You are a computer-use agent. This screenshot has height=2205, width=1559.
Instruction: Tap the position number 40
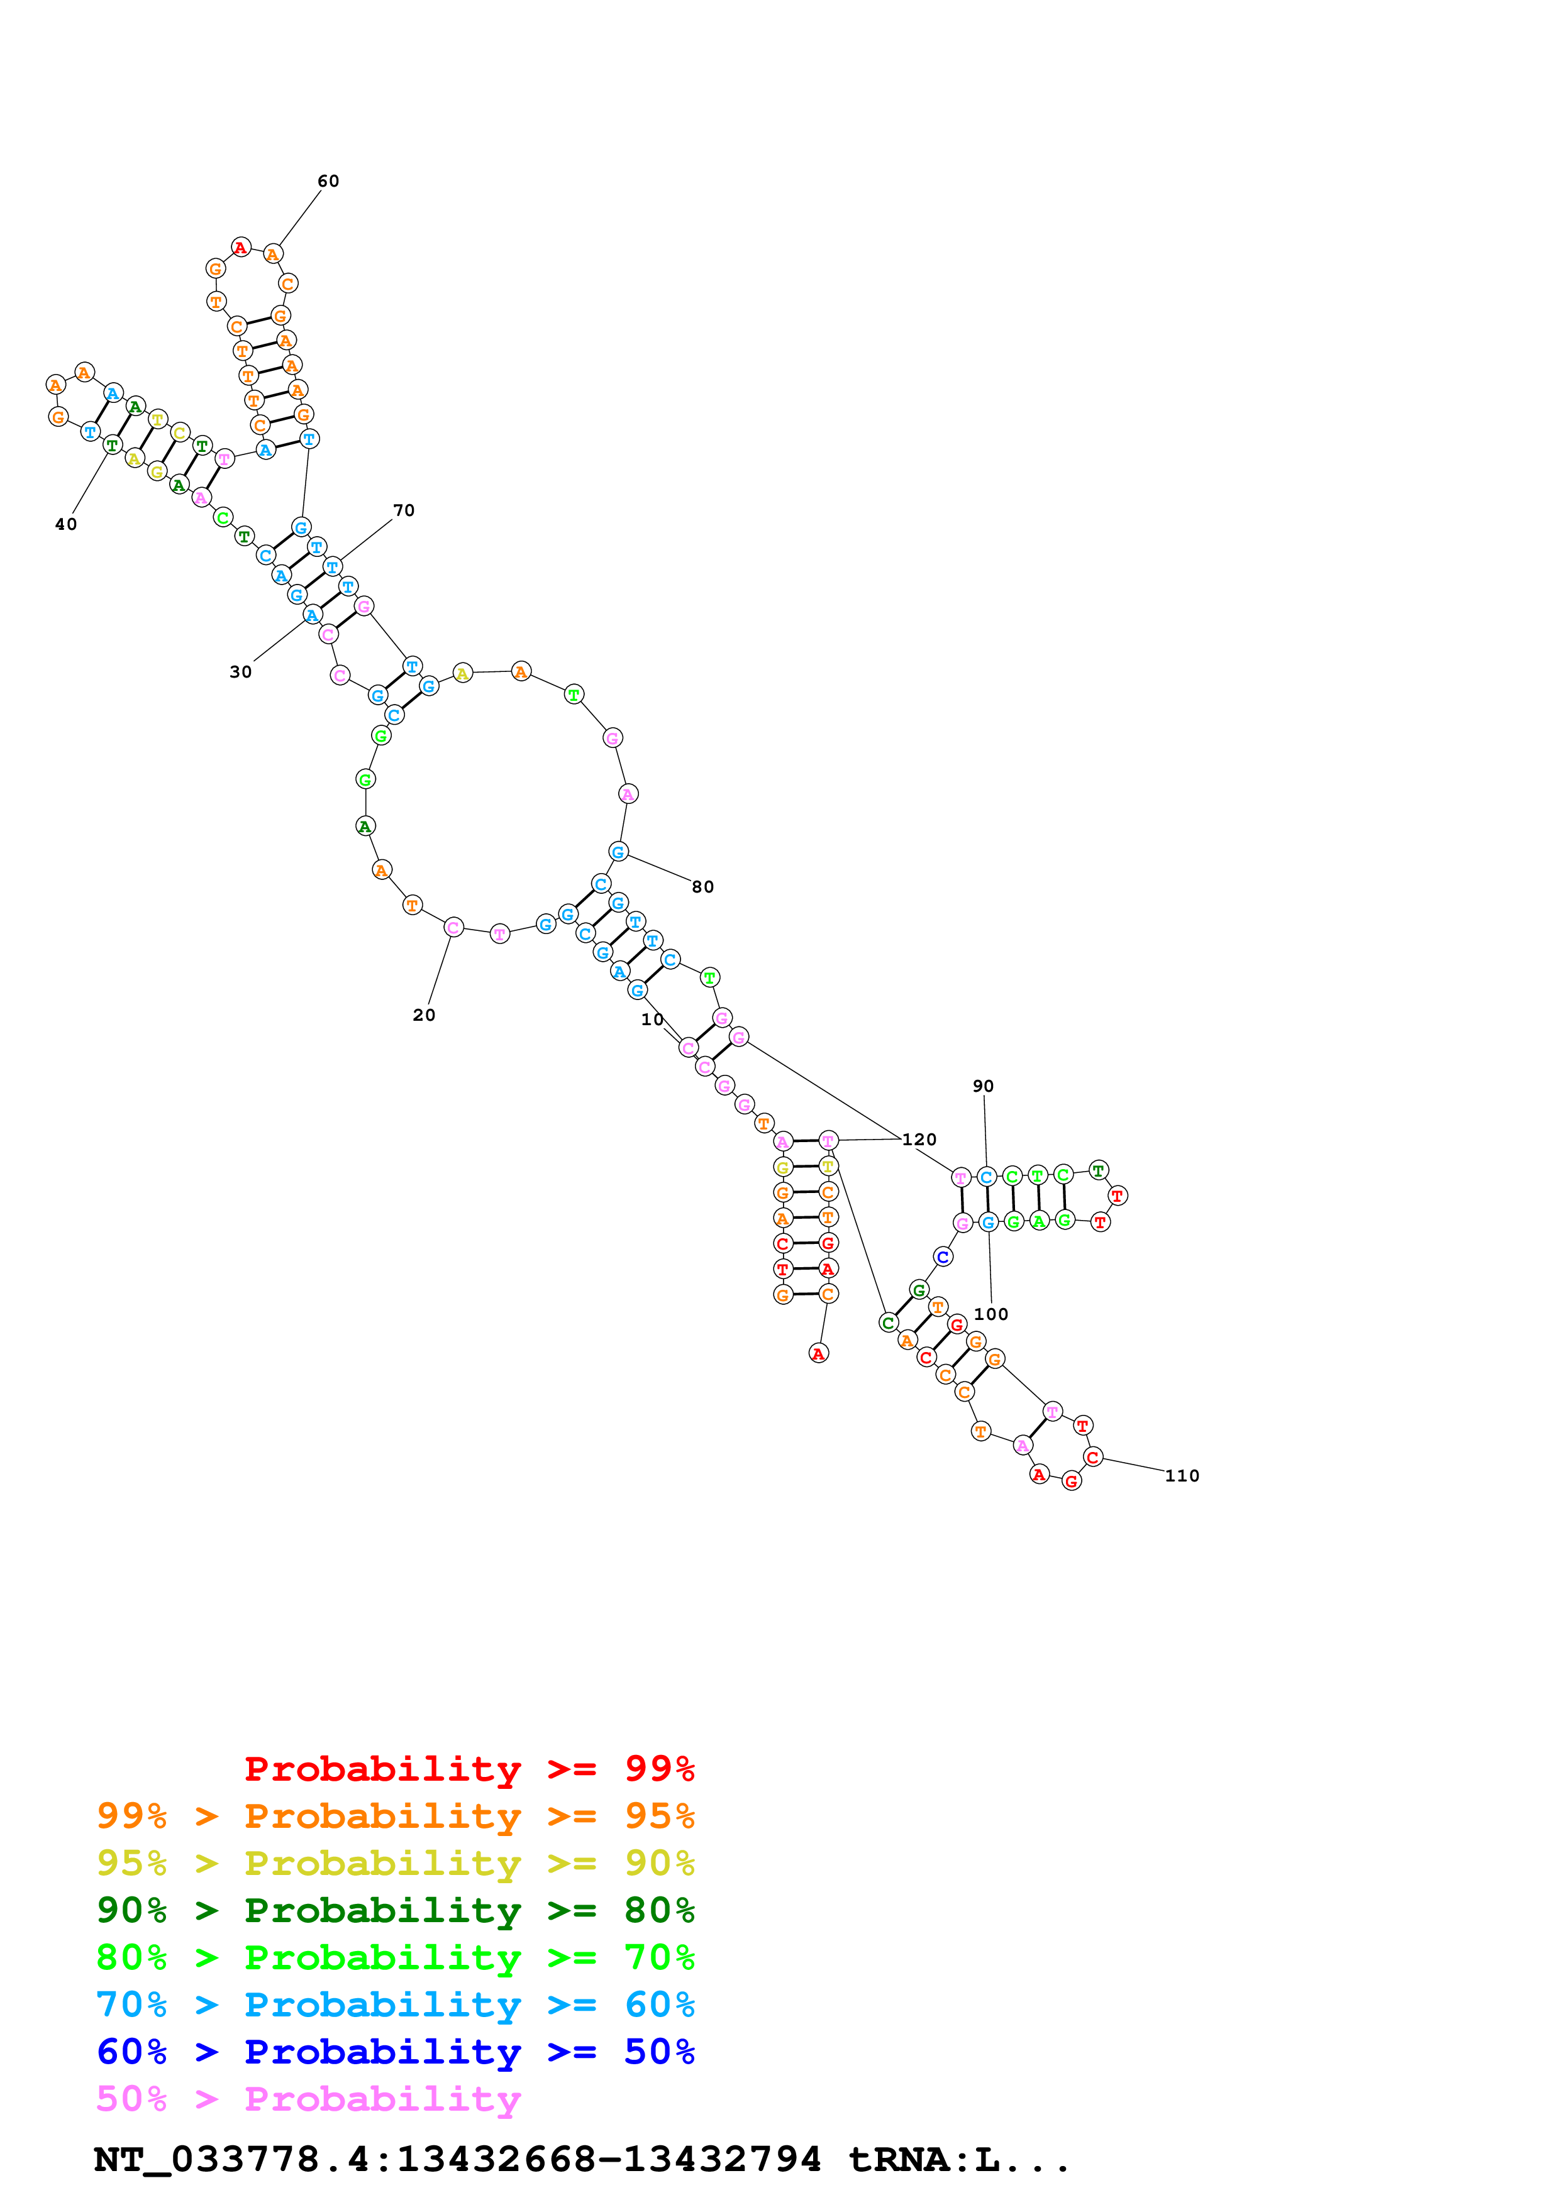(x=65, y=524)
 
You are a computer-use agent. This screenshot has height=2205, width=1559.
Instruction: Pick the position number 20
(x=424, y=1015)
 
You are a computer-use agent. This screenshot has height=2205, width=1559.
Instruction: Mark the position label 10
(x=652, y=1020)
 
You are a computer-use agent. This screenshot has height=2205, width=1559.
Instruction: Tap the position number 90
(x=983, y=1086)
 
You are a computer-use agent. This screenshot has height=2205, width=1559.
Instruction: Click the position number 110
(x=1182, y=1476)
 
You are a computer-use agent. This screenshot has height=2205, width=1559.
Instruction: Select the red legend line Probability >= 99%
(x=469, y=1769)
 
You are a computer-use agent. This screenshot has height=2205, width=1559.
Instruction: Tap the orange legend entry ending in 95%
(x=395, y=1816)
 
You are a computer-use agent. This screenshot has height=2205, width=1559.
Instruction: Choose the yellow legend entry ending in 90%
(x=395, y=1863)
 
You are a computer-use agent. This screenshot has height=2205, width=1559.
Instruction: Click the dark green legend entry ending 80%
(x=395, y=1910)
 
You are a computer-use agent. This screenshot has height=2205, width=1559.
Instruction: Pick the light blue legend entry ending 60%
(x=395, y=2004)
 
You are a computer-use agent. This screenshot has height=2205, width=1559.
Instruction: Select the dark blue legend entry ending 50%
(x=395, y=2052)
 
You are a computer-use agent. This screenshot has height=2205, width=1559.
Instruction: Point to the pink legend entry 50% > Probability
(x=308, y=2098)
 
